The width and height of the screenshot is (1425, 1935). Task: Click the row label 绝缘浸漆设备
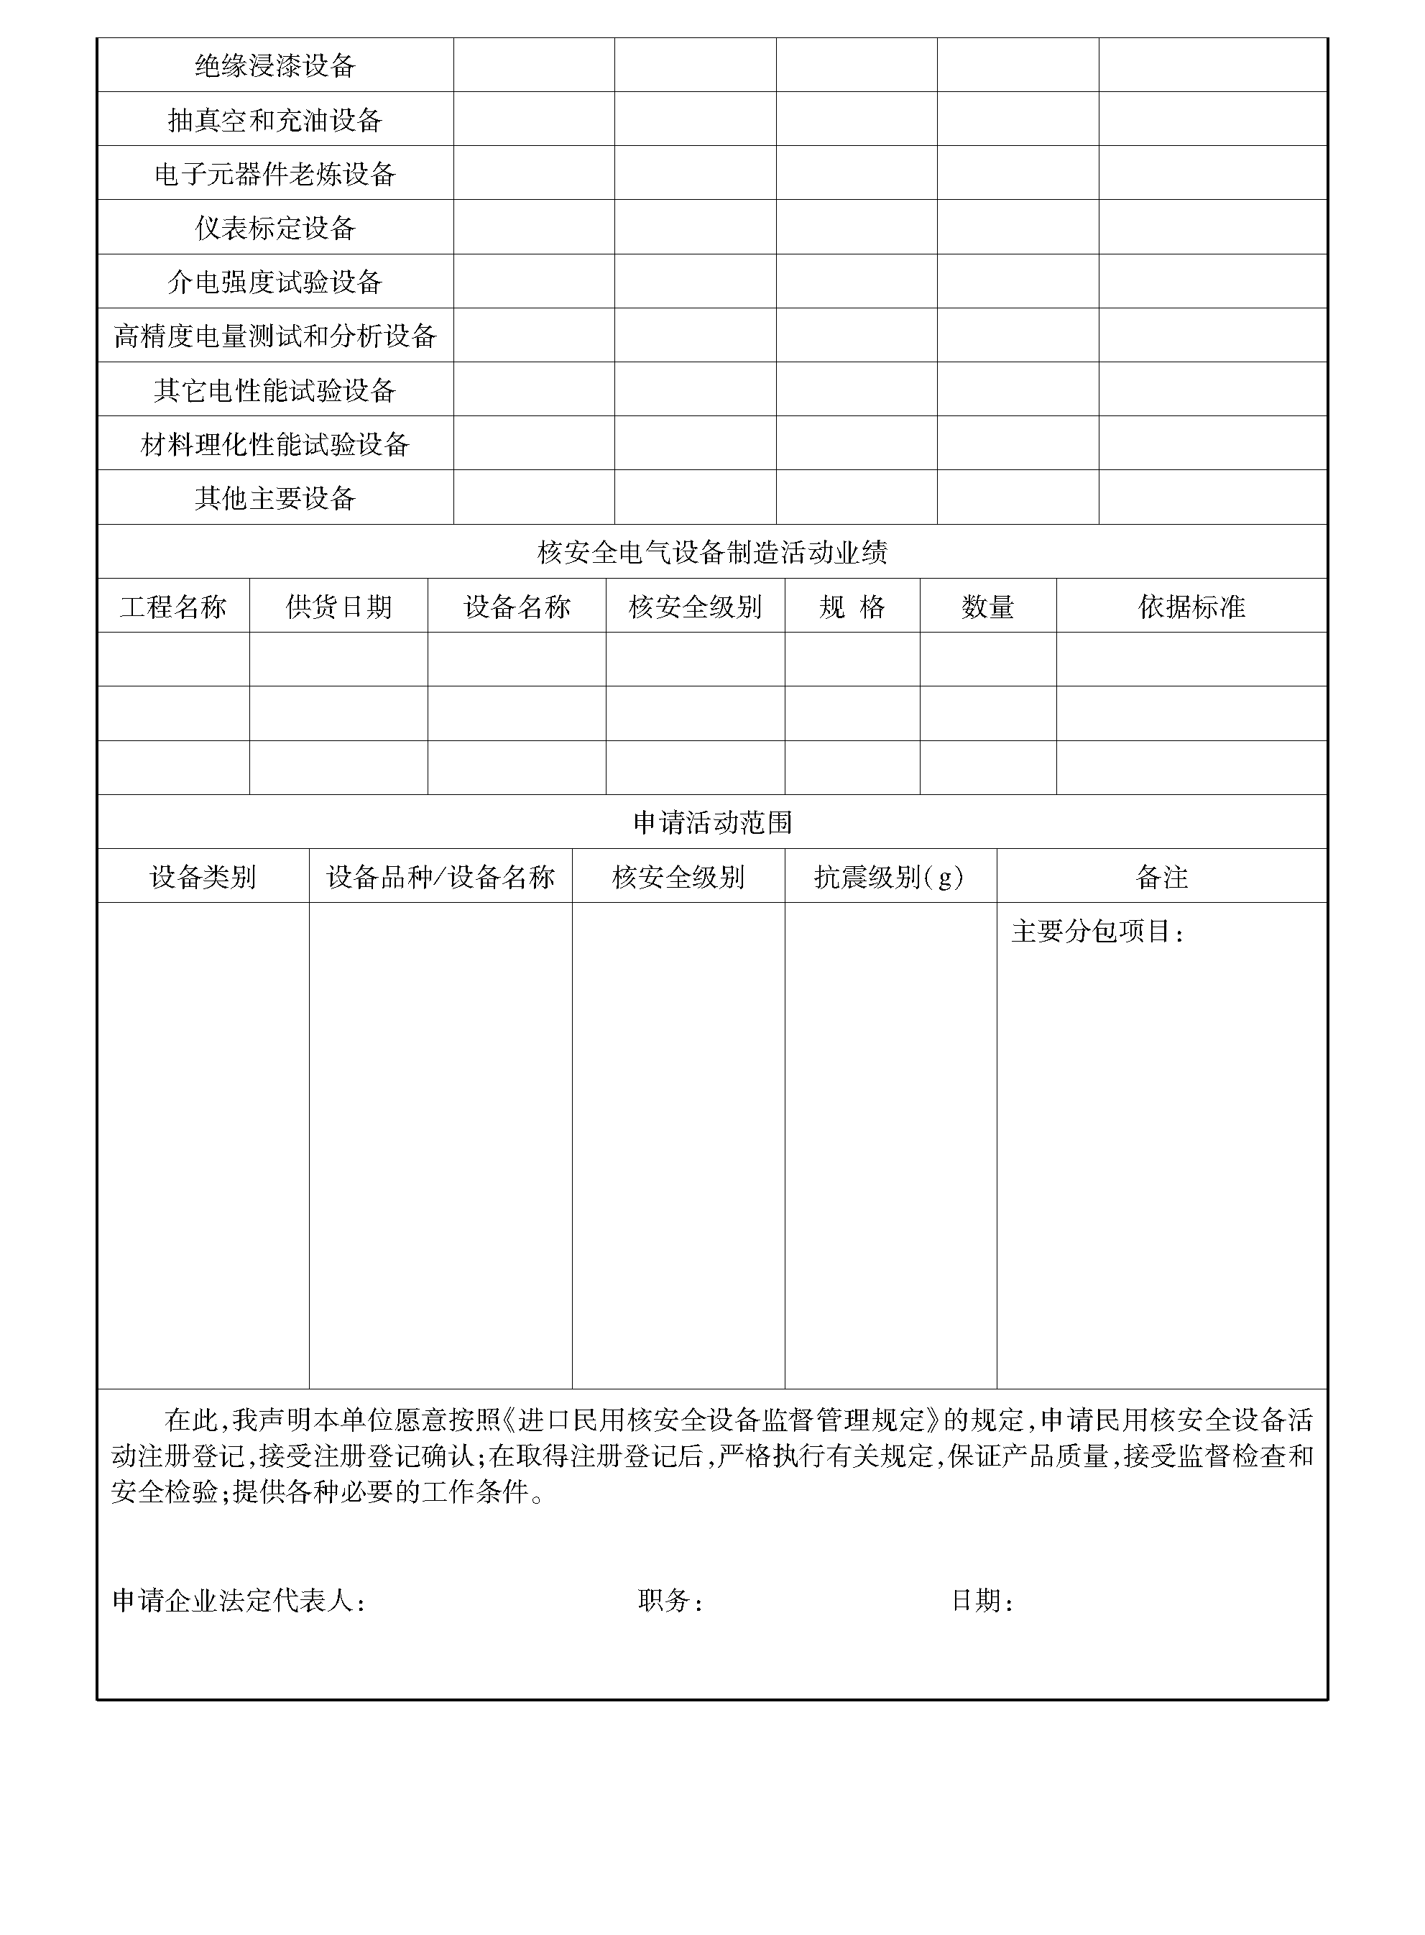click(x=275, y=65)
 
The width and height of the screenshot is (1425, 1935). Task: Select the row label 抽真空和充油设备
click(x=275, y=120)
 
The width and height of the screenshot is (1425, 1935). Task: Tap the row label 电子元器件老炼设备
click(x=275, y=174)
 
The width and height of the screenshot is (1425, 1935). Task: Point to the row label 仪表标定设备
click(x=275, y=228)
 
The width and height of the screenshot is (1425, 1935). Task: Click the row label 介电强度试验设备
click(x=275, y=282)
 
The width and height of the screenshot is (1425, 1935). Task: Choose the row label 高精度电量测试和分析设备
click(x=275, y=336)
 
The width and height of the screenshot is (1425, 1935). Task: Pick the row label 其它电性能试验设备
click(x=275, y=390)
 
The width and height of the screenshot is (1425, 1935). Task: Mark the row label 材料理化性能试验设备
click(x=275, y=444)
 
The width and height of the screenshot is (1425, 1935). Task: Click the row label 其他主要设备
click(x=275, y=498)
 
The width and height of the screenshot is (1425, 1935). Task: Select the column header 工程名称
click(x=173, y=607)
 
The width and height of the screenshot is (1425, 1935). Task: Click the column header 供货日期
click(x=338, y=607)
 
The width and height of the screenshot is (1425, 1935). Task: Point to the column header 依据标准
click(x=1191, y=607)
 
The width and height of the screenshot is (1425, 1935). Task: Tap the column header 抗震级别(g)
click(x=890, y=876)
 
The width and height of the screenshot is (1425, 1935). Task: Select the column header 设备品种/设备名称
click(x=440, y=876)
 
